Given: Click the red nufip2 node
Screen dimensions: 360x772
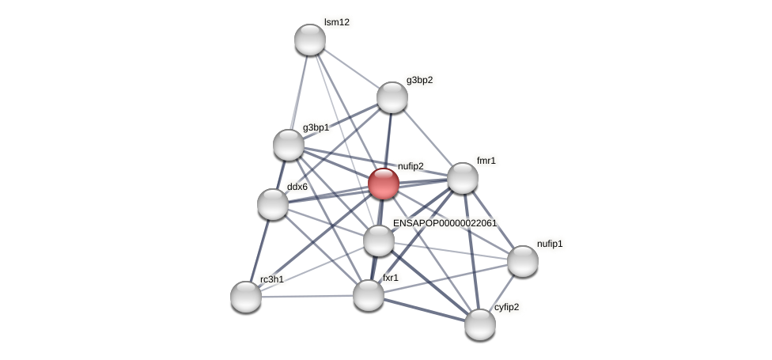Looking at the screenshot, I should coord(384,184).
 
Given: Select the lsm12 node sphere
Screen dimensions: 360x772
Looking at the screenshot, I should coord(310,40).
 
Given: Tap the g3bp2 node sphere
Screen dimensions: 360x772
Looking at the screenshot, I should coord(392,97).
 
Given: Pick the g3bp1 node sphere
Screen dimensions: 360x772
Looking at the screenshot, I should coord(289,145).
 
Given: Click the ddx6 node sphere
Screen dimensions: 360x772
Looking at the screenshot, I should coord(273,204).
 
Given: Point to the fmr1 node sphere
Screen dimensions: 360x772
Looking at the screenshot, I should coord(463,178).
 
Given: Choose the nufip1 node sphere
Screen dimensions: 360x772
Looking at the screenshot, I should coord(523,261).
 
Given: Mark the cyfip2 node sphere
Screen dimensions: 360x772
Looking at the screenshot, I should coord(480,324).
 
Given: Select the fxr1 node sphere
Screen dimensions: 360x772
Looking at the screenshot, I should coord(369,295).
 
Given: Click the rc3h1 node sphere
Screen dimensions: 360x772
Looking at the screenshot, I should coord(246,297).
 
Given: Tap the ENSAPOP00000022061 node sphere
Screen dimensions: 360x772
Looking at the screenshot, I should coord(379,241).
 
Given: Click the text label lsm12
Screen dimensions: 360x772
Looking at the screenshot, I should coord(336,22).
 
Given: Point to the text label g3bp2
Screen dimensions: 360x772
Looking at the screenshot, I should coord(419,80).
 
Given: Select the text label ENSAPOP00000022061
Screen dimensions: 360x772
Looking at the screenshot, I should coord(445,223).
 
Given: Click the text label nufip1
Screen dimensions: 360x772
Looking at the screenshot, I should coord(550,244).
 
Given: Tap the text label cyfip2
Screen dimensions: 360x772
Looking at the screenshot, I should coord(506,306).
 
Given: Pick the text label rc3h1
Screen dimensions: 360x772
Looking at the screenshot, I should coord(271,279).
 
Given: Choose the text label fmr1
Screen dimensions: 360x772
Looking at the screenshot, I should coord(486,161).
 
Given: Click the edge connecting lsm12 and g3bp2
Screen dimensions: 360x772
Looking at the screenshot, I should coord(351,69).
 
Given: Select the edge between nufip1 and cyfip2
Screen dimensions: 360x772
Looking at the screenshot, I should coord(501,293).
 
